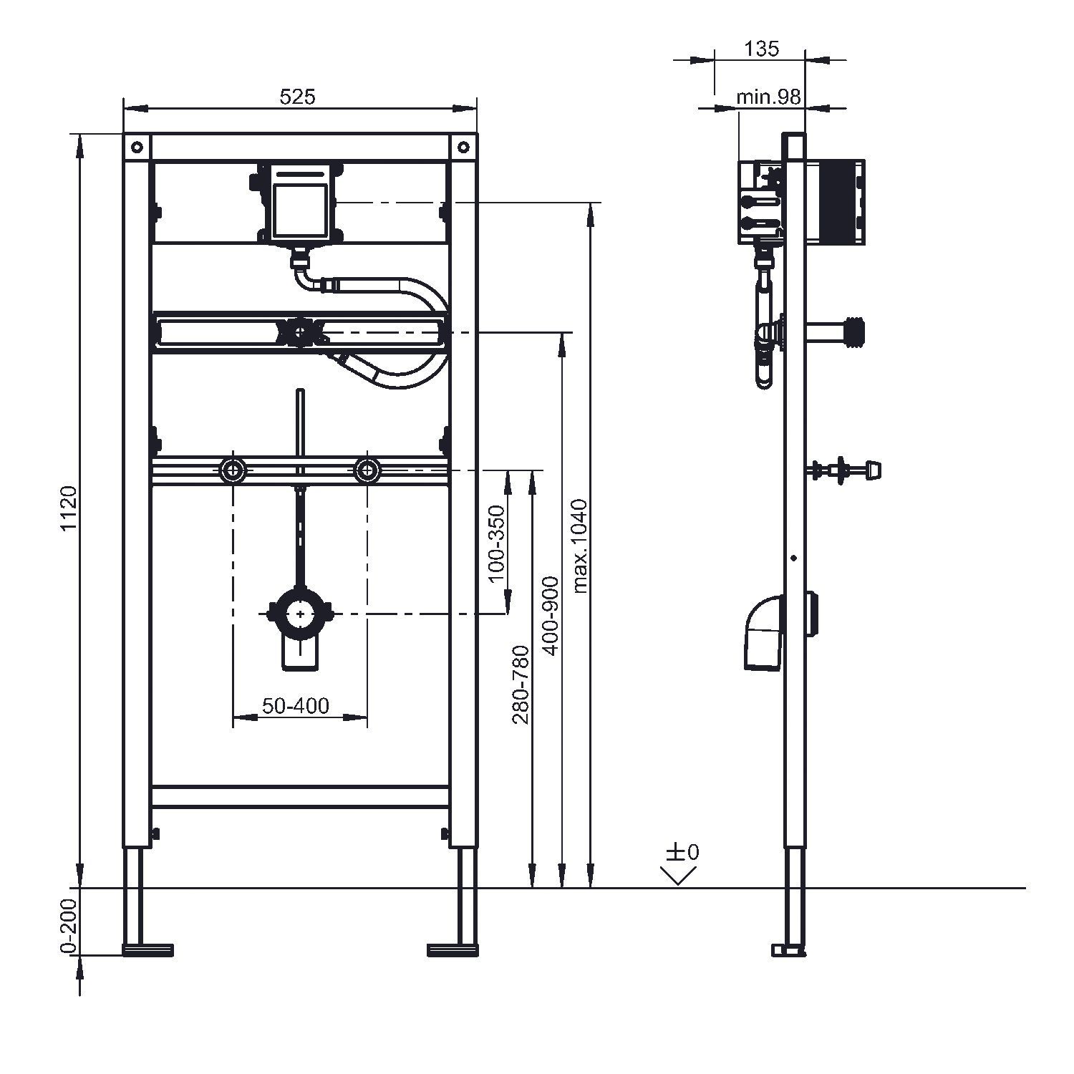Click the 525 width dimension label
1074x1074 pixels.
[x=297, y=97]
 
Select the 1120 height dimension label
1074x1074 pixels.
[x=68, y=509]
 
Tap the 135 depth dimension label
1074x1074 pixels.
[x=761, y=49]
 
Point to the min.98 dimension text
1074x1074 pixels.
[x=768, y=97]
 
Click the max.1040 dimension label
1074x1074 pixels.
[x=580, y=546]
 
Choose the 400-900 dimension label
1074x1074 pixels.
[x=551, y=615]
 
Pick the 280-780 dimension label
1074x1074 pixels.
[x=521, y=684]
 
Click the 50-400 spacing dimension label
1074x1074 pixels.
[x=296, y=706]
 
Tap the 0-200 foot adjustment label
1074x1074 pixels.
[x=68, y=927]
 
